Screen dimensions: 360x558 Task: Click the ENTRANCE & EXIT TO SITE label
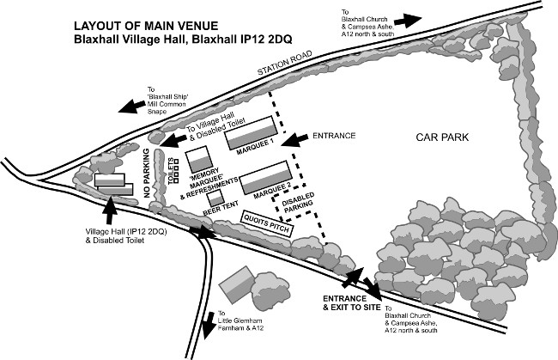351,302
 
